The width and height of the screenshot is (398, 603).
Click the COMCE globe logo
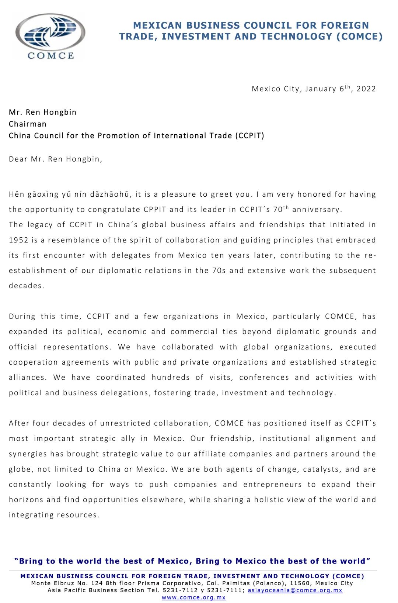[50, 36]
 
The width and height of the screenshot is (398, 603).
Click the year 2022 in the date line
[366, 89]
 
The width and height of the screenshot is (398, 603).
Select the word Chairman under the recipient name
[28, 124]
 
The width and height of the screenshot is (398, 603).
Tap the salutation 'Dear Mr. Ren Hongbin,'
[56, 159]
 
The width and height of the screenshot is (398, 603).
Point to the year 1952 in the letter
[18, 240]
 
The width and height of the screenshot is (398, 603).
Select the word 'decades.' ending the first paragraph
[27, 286]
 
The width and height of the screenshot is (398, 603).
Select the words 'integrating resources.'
[54, 515]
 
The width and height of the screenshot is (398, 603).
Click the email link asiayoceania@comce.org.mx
[295, 590]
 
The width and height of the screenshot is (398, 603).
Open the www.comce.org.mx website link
[194, 597]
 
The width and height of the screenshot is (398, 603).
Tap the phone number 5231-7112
[180, 590]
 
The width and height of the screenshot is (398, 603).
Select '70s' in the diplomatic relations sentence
[219, 271]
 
